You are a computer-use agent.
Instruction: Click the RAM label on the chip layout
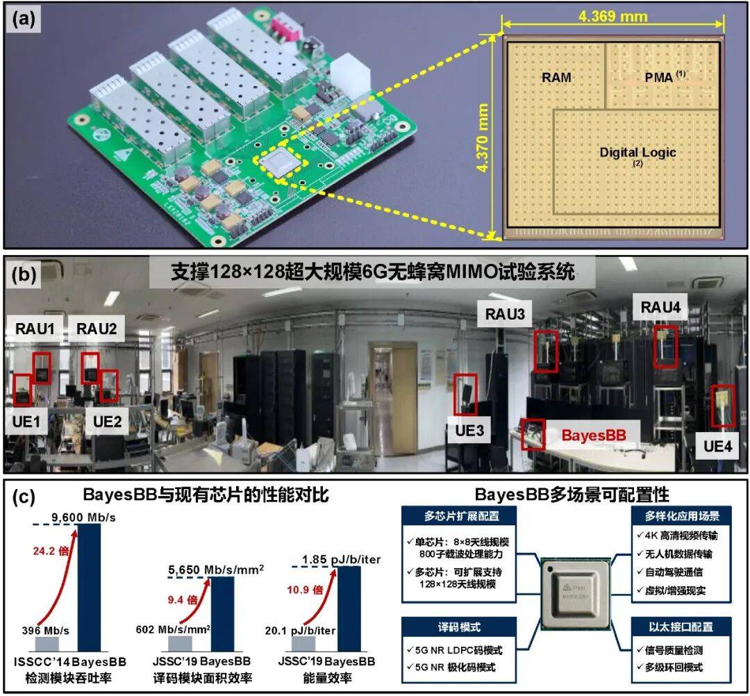(556, 78)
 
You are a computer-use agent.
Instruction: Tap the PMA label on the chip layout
(659, 77)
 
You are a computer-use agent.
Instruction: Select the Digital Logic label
(637, 153)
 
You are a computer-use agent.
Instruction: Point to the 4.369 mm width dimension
(612, 17)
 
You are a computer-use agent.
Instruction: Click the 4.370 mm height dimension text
(482, 138)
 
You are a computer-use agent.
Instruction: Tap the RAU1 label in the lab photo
(35, 329)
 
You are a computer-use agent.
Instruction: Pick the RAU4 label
(660, 307)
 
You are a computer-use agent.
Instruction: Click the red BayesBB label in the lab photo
(594, 436)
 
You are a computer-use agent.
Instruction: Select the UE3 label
(469, 431)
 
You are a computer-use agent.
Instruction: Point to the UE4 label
(717, 447)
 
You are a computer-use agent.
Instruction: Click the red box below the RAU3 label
(546, 351)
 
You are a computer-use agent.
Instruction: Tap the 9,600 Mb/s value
(84, 517)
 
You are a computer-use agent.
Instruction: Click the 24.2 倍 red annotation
(51, 551)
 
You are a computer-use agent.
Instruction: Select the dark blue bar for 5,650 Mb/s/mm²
(222, 614)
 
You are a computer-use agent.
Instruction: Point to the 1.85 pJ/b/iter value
(341, 559)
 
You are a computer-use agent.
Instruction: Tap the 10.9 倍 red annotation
(305, 589)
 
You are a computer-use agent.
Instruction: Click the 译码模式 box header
(459, 627)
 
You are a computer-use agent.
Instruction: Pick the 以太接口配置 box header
(681, 627)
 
